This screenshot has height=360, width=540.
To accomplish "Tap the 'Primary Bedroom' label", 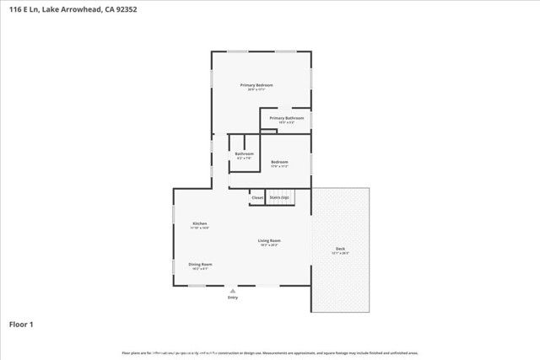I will pos(256,85).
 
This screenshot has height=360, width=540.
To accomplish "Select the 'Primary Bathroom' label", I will pos(287,118).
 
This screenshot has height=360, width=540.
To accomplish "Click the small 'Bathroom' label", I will pos(244,153).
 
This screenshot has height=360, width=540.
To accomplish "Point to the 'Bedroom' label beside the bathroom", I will pos(279,162).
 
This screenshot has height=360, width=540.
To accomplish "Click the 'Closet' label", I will pos(257,197).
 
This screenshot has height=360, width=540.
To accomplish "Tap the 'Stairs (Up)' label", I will pos(279,197).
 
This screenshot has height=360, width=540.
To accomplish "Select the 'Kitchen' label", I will pos(199,223).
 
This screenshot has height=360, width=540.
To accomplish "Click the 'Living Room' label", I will pos(269,240).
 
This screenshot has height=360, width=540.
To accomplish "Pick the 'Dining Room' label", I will pos(200,264).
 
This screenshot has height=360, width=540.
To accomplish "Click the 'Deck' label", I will pos(340,248).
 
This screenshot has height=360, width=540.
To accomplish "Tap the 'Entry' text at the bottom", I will pos(233,297).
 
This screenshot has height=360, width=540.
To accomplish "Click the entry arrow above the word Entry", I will pos(233,289).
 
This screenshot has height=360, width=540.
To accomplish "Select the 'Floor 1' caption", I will pos(22,324).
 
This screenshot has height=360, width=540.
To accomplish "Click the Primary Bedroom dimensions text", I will pos(256,89).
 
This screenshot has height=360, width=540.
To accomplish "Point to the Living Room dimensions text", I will pos(269,244).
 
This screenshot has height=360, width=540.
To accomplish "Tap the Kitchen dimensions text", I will pos(199,228).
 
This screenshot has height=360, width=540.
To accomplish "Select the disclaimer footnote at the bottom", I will pos(269,352).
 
